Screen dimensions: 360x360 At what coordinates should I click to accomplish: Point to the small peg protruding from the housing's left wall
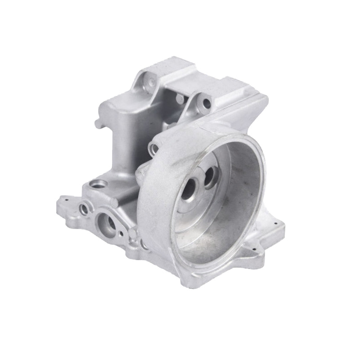pyautogui.click(x=96, y=122)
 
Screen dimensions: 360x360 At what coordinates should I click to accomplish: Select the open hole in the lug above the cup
pyautogui.click(x=207, y=103)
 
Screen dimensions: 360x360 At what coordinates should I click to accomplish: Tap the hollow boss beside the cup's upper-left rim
pyautogui.click(x=154, y=148)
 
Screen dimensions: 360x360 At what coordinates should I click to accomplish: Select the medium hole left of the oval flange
pyautogui.click(x=84, y=208)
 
